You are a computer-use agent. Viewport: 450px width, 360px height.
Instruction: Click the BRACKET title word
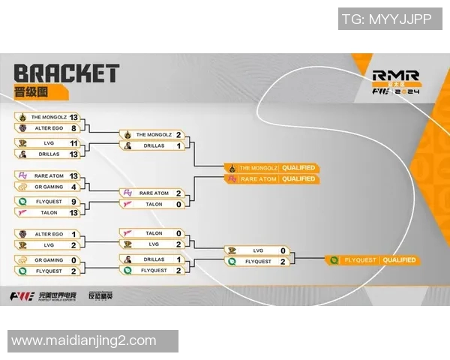pos(66,73)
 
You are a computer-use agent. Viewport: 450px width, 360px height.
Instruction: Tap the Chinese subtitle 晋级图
pos(31,92)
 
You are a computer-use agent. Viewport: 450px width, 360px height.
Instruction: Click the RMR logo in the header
pos(395,75)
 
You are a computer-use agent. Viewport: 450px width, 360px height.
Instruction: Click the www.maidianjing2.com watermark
pos(84,341)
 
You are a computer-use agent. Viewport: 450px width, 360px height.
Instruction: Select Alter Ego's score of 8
pos(73,128)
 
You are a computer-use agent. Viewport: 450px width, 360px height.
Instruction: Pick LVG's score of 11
pos(73,142)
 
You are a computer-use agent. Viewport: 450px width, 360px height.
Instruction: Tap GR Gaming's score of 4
pos(73,186)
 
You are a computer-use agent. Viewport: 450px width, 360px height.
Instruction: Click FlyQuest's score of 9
pos(73,201)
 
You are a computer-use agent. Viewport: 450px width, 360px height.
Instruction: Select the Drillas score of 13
pos(73,154)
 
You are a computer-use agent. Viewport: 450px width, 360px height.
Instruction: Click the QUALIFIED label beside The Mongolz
pos(298,167)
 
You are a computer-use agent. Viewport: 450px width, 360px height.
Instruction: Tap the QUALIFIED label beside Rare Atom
pos(298,179)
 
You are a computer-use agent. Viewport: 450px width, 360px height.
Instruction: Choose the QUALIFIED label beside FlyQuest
pos(398,260)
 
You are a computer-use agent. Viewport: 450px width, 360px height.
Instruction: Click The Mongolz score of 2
pos(178,135)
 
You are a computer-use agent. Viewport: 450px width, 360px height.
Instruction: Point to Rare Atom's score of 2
pos(178,193)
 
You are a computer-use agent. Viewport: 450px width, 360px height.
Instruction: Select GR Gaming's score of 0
pos(73,259)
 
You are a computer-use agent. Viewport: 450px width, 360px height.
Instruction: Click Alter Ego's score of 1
pos(73,234)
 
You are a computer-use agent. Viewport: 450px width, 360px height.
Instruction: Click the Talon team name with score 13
pos(49,212)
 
